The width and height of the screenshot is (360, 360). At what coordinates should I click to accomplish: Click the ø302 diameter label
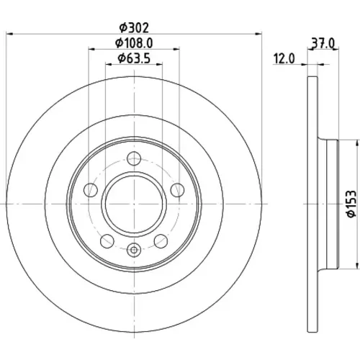point(135,28)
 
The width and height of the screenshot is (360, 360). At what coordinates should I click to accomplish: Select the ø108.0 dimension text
point(134,43)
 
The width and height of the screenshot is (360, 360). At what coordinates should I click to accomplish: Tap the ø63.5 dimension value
point(134,58)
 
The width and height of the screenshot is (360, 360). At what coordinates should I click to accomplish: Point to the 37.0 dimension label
point(323,44)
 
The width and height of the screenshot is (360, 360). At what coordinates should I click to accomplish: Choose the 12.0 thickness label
point(284,59)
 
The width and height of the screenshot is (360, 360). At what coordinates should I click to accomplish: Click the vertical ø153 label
point(351,204)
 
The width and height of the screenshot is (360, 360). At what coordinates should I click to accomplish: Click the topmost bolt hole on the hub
point(134,158)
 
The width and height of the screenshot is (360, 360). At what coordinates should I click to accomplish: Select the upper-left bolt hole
point(91,190)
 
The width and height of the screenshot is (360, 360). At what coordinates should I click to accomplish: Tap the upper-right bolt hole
point(177,190)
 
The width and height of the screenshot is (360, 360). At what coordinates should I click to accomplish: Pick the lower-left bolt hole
point(107,241)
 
